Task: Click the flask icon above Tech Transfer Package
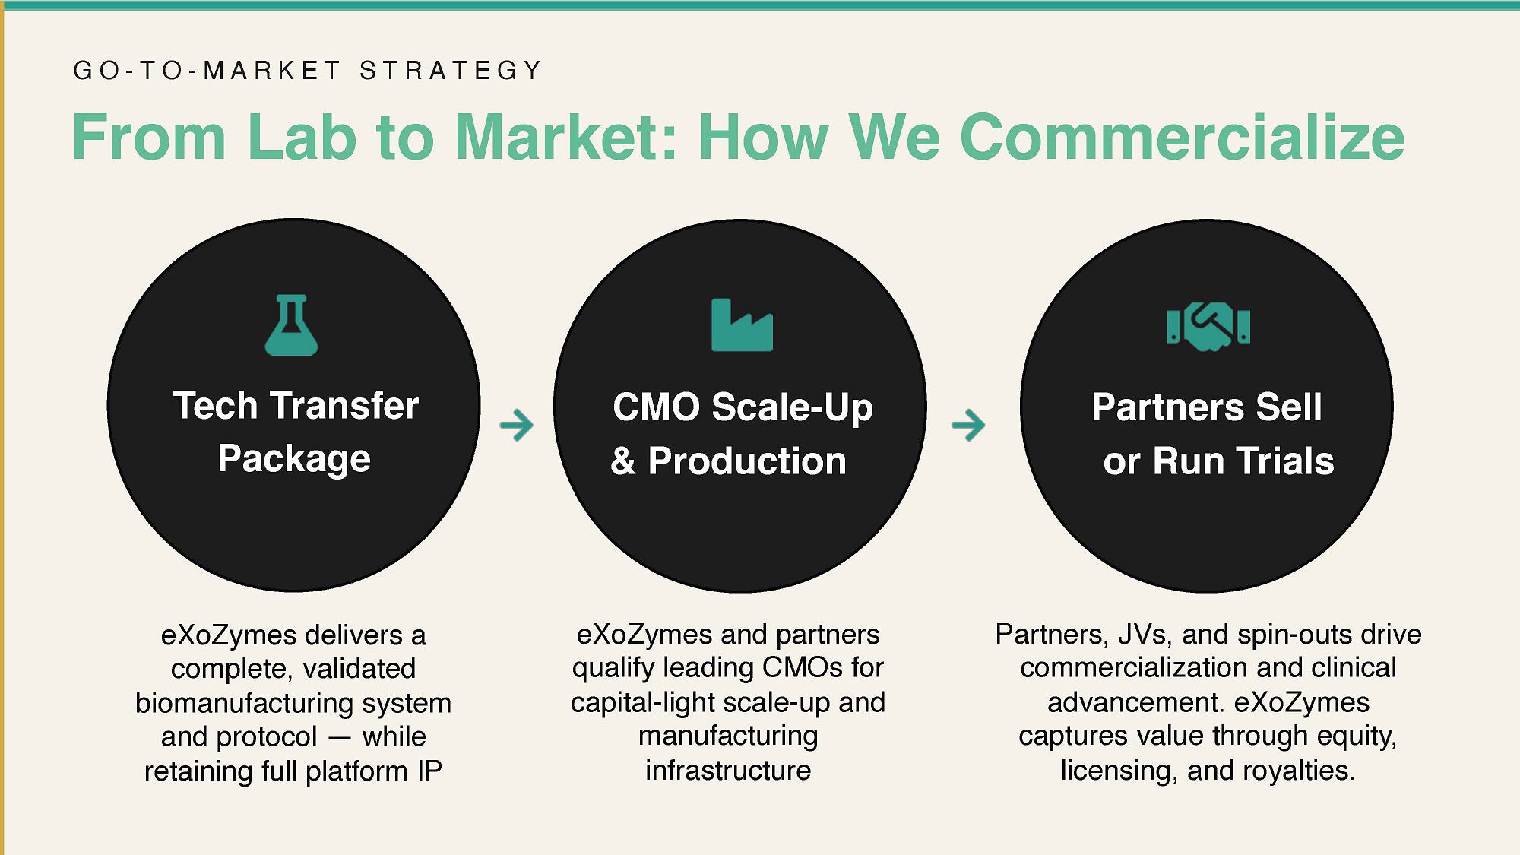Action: click(291, 325)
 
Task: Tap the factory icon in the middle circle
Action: click(742, 325)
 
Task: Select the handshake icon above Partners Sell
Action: click(1208, 326)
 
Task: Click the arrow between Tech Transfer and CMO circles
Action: click(517, 425)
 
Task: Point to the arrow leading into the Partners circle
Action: click(968, 425)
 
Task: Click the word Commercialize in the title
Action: click(1182, 138)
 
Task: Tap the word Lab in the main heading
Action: click(302, 138)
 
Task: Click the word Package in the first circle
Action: click(294, 459)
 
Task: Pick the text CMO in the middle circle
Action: click(656, 407)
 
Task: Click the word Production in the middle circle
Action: click(747, 461)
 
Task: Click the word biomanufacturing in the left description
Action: click(244, 703)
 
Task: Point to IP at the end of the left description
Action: click(429, 771)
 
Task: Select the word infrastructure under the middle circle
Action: click(728, 771)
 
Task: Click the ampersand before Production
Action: click(622, 461)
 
